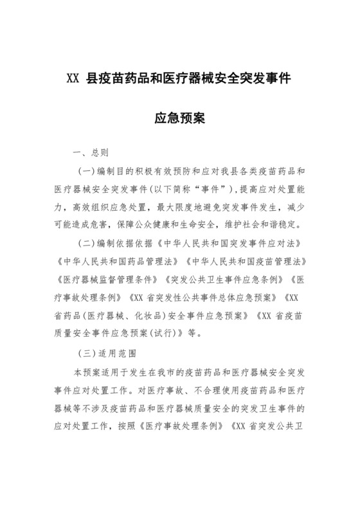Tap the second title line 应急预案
[180, 119]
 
